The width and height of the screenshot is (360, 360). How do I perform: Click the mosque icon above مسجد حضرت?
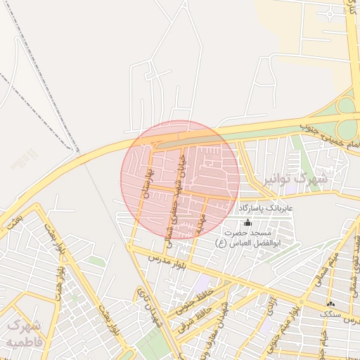point(246,222)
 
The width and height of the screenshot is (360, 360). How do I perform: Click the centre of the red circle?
point(180,179)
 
